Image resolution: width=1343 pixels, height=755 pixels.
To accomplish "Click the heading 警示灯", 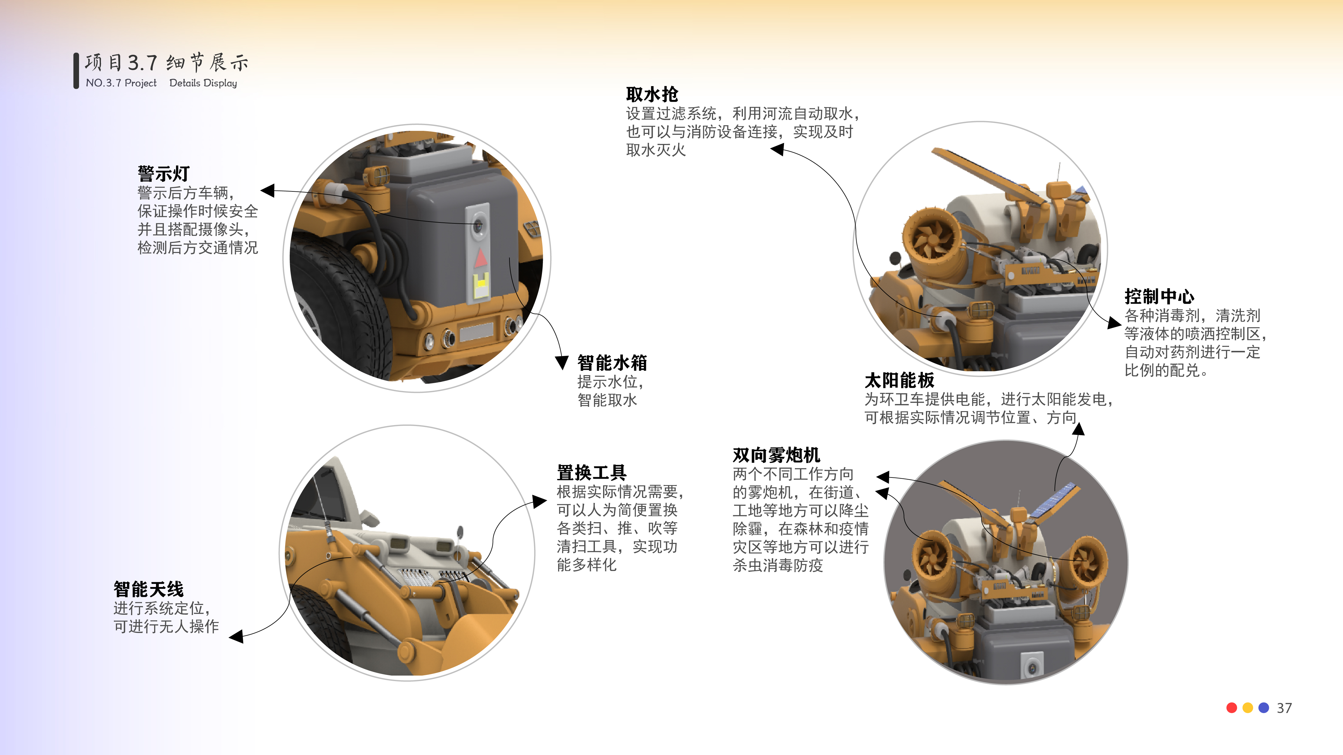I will (163, 174).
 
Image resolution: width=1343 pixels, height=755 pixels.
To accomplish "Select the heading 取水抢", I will (652, 94).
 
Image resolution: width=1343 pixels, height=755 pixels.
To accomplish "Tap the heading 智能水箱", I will (612, 363).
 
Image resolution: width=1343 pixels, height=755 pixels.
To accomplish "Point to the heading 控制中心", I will (1159, 296).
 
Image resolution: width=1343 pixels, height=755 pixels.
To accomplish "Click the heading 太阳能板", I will (899, 380).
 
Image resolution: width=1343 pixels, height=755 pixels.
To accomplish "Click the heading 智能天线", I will (149, 589).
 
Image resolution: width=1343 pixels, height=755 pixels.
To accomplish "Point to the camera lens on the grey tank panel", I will (478, 226).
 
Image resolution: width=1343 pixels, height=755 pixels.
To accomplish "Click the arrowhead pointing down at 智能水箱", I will (561, 363).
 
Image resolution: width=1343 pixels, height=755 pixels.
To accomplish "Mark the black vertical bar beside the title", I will (76, 70).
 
